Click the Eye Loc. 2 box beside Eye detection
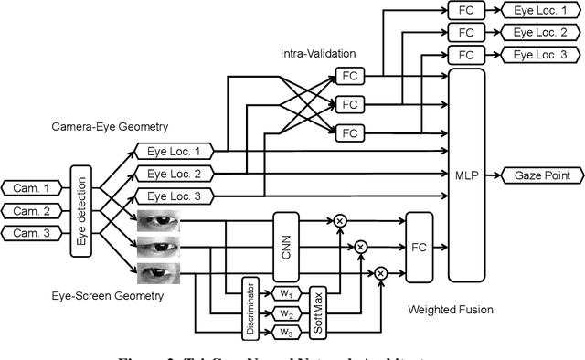click(x=173, y=173)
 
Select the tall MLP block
click(x=466, y=174)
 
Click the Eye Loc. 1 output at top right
click(x=539, y=10)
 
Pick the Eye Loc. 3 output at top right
click(x=539, y=55)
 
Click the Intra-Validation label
click(x=317, y=54)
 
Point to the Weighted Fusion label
click(x=451, y=310)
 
